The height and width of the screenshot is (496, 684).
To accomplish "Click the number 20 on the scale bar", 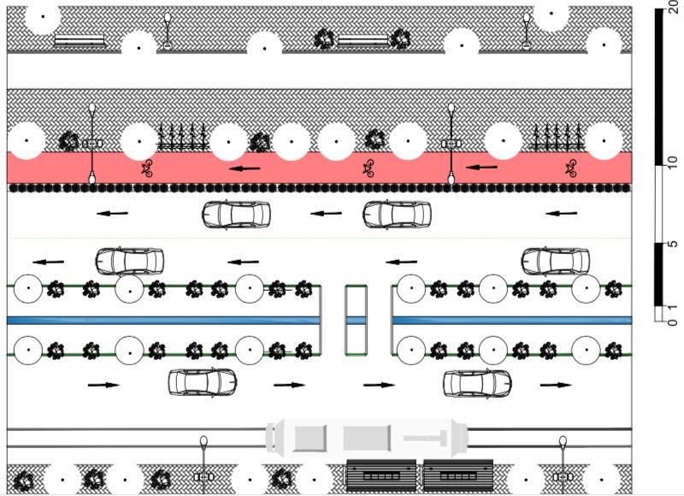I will [x=672, y=15].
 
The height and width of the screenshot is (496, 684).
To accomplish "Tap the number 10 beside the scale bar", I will [x=672, y=164].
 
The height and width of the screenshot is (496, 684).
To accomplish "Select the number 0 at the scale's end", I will [x=672, y=322].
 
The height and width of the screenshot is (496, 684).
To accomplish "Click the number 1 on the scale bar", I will [x=672, y=307].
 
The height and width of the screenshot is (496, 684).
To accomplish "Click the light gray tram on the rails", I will [x=368, y=437].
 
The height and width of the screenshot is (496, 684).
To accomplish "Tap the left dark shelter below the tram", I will [x=380, y=475].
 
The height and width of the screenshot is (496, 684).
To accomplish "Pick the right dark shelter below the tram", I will [x=457, y=475].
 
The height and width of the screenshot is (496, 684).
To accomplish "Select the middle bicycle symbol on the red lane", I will [x=369, y=168].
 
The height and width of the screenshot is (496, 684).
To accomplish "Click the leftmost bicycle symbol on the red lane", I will [x=147, y=168].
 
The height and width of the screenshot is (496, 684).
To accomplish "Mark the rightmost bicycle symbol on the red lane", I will [x=571, y=168].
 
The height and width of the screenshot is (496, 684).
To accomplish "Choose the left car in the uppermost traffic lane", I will [x=236, y=214].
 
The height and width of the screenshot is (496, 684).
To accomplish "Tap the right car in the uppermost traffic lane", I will [x=396, y=214].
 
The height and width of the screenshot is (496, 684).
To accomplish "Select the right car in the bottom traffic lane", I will [x=477, y=382].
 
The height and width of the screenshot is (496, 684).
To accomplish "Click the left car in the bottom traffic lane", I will [x=203, y=381].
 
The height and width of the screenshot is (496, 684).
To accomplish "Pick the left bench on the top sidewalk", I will [x=80, y=39].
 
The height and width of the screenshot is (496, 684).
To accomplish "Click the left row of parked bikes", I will [x=183, y=137].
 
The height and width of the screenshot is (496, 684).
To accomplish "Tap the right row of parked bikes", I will [x=558, y=137].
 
